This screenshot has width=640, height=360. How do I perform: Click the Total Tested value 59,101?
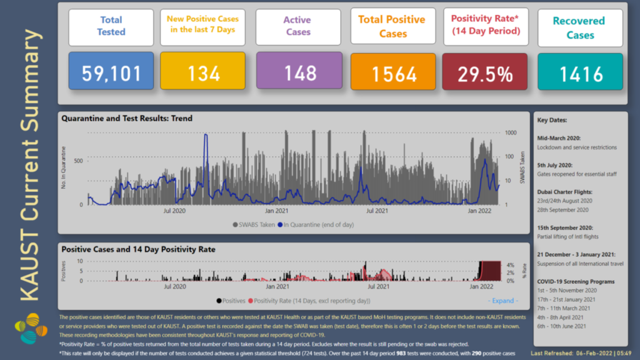point(112,74)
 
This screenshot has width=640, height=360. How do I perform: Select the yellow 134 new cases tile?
point(204,74)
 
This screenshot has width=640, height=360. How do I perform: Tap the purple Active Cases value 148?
point(300,72)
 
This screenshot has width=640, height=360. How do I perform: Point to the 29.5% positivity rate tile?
point(486,74)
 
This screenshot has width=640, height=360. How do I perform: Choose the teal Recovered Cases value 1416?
point(581,74)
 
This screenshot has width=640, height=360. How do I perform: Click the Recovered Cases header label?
point(580,28)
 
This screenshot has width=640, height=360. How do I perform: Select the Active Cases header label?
point(298,26)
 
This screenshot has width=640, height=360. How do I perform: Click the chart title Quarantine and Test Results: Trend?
point(127,118)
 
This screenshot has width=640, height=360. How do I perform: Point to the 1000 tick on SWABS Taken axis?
point(511,133)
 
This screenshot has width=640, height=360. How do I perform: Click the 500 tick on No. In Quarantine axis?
point(78,161)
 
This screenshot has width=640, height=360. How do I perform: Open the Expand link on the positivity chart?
point(504,301)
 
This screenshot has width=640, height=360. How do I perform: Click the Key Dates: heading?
point(552,121)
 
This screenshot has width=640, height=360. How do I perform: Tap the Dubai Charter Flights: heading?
point(565,192)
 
